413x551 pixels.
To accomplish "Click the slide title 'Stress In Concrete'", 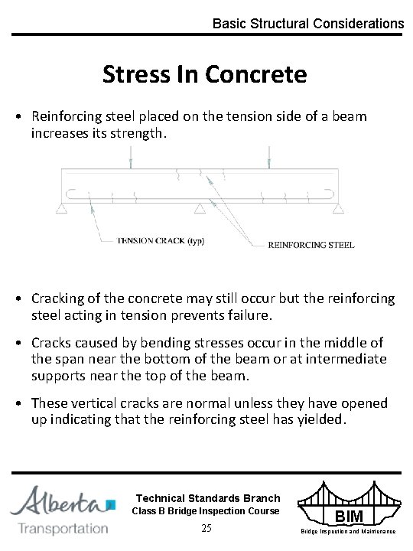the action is click(x=205, y=75).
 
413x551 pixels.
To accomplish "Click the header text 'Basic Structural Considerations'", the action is click(x=308, y=24).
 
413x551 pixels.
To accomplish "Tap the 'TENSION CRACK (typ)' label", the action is click(x=160, y=240).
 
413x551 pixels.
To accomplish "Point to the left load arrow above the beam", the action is click(x=132, y=160).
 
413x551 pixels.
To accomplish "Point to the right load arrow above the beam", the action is click(x=268, y=160).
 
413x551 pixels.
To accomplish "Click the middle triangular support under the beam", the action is click(x=200, y=208).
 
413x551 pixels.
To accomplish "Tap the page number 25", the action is click(x=206, y=528).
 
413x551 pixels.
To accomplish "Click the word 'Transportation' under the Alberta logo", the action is click(x=63, y=528).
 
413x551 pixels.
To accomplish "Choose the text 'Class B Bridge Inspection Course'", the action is click(x=206, y=510).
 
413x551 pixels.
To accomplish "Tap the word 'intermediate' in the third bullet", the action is click(x=347, y=359).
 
